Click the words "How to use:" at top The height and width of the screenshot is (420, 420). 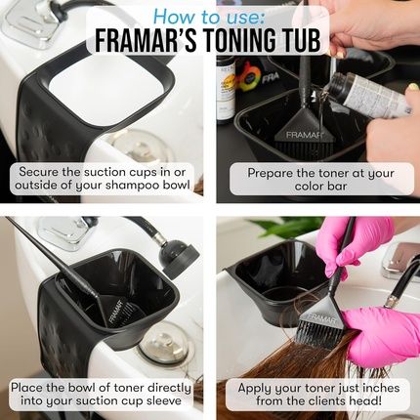(209, 17)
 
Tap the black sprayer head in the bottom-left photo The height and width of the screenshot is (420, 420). (179, 256)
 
